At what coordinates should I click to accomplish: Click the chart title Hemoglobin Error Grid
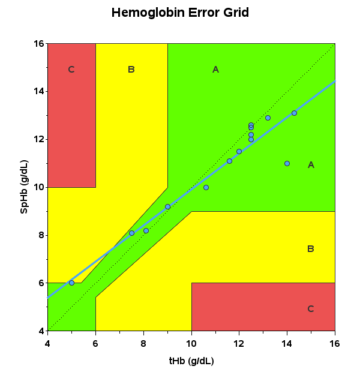(x=180, y=13)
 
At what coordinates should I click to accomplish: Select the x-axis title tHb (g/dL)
(x=191, y=361)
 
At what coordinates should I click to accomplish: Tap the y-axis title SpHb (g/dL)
(x=25, y=187)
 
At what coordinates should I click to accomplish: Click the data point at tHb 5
(x=71, y=283)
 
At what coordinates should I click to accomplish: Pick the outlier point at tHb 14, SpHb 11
(x=287, y=163)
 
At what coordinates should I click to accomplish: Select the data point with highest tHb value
(x=294, y=113)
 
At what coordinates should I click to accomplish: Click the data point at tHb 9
(x=167, y=206)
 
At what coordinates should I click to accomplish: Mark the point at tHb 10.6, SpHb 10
(x=206, y=187)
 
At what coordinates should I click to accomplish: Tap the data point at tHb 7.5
(x=131, y=233)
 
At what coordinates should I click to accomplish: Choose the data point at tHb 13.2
(x=268, y=118)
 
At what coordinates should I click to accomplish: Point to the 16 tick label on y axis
(x=38, y=44)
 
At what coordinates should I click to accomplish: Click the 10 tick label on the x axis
(x=191, y=343)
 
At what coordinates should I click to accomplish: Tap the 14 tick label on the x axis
(x=287, y=343)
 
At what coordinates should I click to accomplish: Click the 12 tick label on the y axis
(x=38, y=139)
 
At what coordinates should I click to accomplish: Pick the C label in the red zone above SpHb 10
(x=71, y=70)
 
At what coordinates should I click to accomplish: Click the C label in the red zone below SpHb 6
(x=310, y=309)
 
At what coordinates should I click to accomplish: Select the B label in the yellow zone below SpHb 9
(x=310, y=249)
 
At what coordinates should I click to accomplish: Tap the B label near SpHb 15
(x=131, y=70)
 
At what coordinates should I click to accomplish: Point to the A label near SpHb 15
(x=215, y=70)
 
